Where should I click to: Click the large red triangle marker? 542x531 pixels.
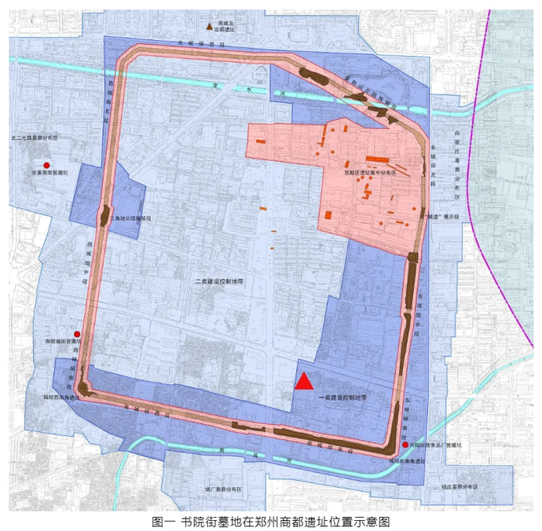click(x=304, y=382)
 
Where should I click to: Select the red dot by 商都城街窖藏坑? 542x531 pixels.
click(x=77, y=333)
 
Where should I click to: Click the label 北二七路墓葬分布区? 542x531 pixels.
click(x=35, y=138)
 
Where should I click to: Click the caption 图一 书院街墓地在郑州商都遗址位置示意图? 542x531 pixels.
click(x=270, y=521)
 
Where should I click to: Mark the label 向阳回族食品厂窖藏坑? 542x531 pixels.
click(x=438, y=445)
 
